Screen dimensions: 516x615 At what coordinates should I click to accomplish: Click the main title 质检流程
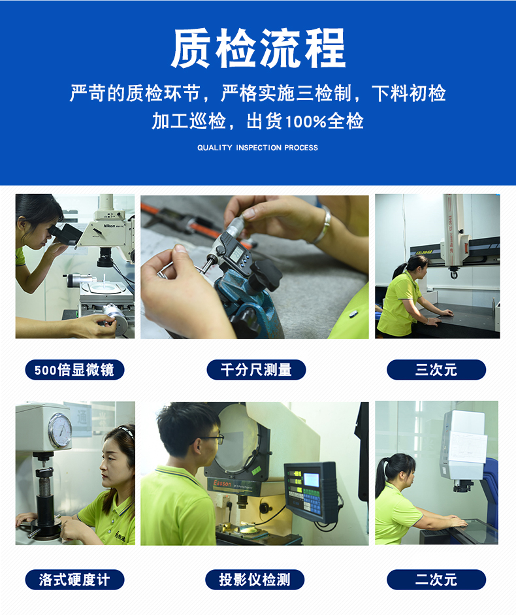[258, 48]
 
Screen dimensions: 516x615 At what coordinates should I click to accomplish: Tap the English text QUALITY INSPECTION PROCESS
[257, 148]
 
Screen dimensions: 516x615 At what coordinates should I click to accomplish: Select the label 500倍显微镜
[74, 369]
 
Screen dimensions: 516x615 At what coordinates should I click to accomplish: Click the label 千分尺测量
[256, 369]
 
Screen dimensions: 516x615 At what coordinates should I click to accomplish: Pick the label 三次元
[436, 369]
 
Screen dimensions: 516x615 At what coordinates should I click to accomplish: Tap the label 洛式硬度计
[74, 580]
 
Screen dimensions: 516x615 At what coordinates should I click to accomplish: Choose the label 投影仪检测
[255, 580]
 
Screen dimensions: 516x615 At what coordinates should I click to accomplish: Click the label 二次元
[436, 580]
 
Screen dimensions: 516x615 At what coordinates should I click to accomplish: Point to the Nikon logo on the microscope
[109, 226]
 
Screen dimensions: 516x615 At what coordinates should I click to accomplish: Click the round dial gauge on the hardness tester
[60, 430]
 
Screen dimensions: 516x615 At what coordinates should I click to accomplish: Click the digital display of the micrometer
[236, 254]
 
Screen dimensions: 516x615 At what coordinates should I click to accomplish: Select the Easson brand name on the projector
[222, 484]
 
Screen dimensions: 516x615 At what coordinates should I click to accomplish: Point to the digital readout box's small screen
[312, 479]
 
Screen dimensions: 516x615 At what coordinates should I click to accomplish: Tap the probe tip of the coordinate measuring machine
[454, 274]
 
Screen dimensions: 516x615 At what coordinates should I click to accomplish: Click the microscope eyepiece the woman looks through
[64, 234]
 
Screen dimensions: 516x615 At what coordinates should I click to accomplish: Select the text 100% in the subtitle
[306, 122]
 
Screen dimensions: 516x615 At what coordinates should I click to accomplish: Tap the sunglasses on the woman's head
[127, 430]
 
